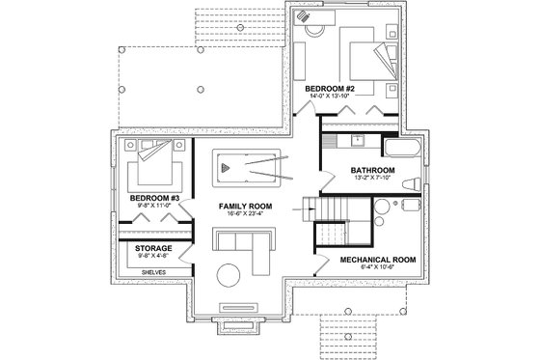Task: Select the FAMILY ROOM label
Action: pyautogui.click(x=245, y=207)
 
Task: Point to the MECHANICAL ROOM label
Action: pyautogui.click(x=377, y=260)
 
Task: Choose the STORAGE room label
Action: pyautogui.click(x=148, y=248)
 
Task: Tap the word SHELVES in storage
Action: pyautogui.click(x=154, y=272)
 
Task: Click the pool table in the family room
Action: pyautogui.click(x=245, y=170)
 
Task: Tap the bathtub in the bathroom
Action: pyautogui.click(x=400, y=150)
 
